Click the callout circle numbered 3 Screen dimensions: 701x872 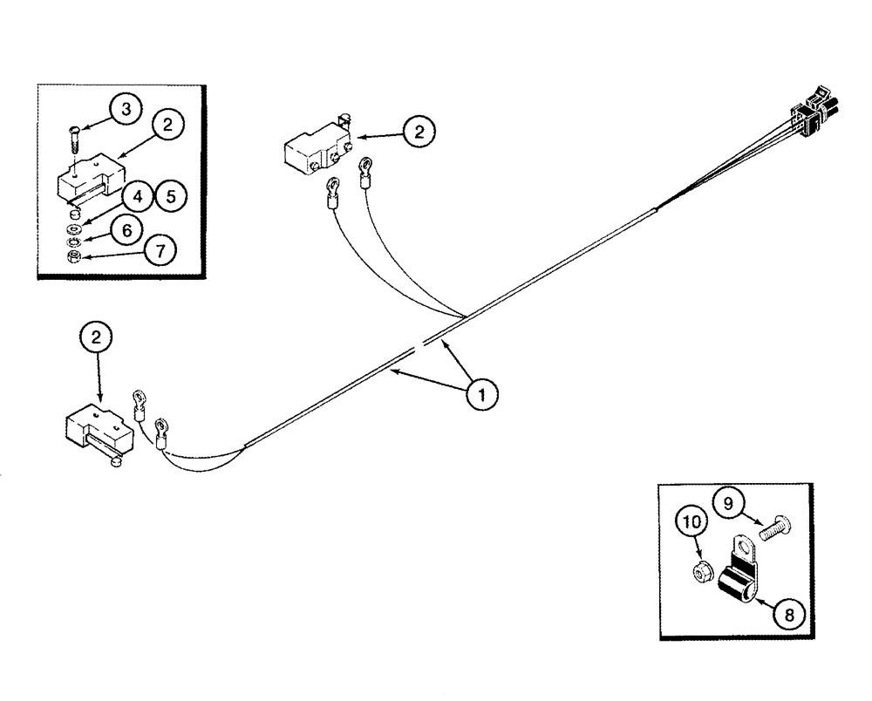(x=127, y=111)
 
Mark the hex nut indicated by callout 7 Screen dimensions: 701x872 (x=75, y=255)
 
